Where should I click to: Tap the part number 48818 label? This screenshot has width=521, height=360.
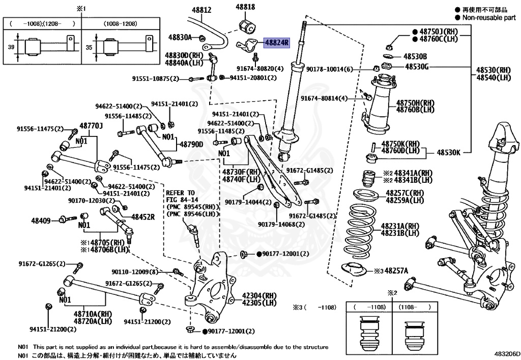coord(245,7)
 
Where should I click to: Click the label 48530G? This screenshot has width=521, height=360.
coord(417,66)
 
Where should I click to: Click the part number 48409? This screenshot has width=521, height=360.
coord(41,220)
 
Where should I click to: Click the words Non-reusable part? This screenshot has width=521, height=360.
coord(488,17)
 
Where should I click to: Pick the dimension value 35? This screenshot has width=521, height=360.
coord(90,46)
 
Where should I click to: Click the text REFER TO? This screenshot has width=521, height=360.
coord(181,193)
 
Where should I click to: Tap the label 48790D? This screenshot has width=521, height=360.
coord(190,145)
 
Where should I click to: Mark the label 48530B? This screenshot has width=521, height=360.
coord(415,56)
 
